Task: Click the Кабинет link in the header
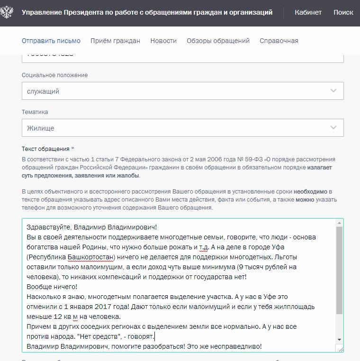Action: (308, 12)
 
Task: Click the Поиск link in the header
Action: (343, 12)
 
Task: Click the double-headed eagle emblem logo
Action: (7, 12)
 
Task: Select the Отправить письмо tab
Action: (51, 41)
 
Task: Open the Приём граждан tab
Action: (115, 41)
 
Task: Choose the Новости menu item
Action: (163, 41)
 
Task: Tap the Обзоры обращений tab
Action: (218, 41)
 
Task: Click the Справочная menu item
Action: (279, 41)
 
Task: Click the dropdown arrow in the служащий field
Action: (333, 91)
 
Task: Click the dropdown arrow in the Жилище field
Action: (333, 128)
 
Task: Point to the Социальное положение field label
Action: (54, 75)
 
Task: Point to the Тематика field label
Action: (35, 112)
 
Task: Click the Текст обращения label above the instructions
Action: (46, 149)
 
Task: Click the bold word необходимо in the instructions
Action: (311, 192)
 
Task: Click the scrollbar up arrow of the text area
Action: (339, 223)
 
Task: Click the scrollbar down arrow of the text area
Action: (339, 340)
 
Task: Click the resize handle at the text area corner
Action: (340, 349)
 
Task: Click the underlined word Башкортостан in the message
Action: (91, 257)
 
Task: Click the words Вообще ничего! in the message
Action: (52, 287)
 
